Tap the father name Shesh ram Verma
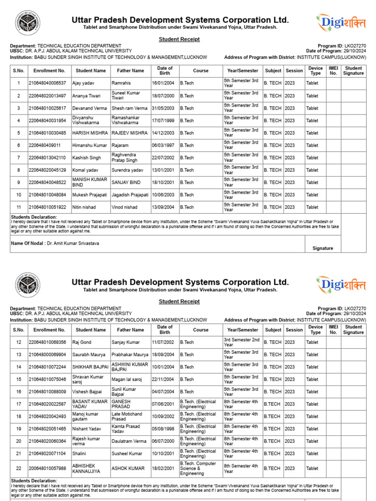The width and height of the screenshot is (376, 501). [129, 108]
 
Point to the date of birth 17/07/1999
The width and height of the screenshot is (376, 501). [163, 120]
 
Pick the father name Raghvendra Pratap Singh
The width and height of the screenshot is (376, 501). [125, 158]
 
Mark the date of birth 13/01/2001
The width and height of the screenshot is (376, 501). [163, 170]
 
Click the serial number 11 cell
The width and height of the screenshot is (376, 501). [19, 207]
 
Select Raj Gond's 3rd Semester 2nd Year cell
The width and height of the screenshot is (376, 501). [242, 342]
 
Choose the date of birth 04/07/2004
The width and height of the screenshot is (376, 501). [163, 391]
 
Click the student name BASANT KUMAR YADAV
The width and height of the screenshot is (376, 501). [90, 404]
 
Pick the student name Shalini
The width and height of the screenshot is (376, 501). [80, 454]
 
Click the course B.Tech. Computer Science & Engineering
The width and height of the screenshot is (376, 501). [198, 468]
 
